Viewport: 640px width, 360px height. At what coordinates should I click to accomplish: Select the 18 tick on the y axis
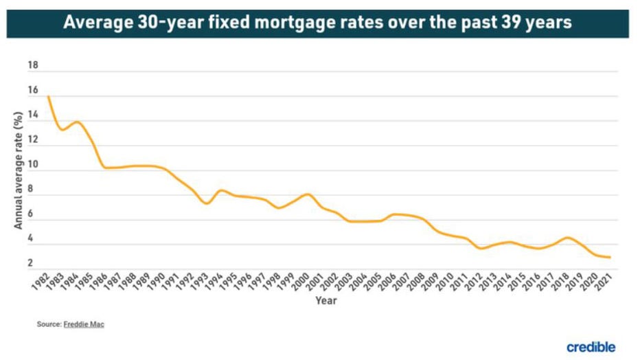(x=32, y=66)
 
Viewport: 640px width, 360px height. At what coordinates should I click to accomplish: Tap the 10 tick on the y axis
(x=32, y=165)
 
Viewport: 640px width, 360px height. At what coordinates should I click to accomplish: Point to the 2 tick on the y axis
(x=32, y=263)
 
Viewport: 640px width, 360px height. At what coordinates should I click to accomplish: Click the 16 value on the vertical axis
(x=32, y=91)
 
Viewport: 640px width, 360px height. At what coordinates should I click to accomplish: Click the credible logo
(x=591, y=347)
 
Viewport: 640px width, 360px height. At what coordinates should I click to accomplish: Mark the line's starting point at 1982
(x=48, y=96)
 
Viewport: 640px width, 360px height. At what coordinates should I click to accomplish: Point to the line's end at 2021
(x=610, y=258)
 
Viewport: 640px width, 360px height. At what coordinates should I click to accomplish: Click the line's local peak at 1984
(x=77, y=122)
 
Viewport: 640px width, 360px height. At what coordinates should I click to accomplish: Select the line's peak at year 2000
(x=307, y=194)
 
